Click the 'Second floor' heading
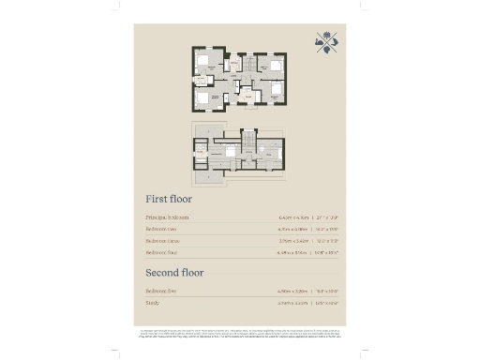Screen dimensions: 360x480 click(174, 273)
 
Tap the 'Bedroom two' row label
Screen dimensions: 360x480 click(163, 229)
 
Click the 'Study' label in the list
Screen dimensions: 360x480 click(152, 303)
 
